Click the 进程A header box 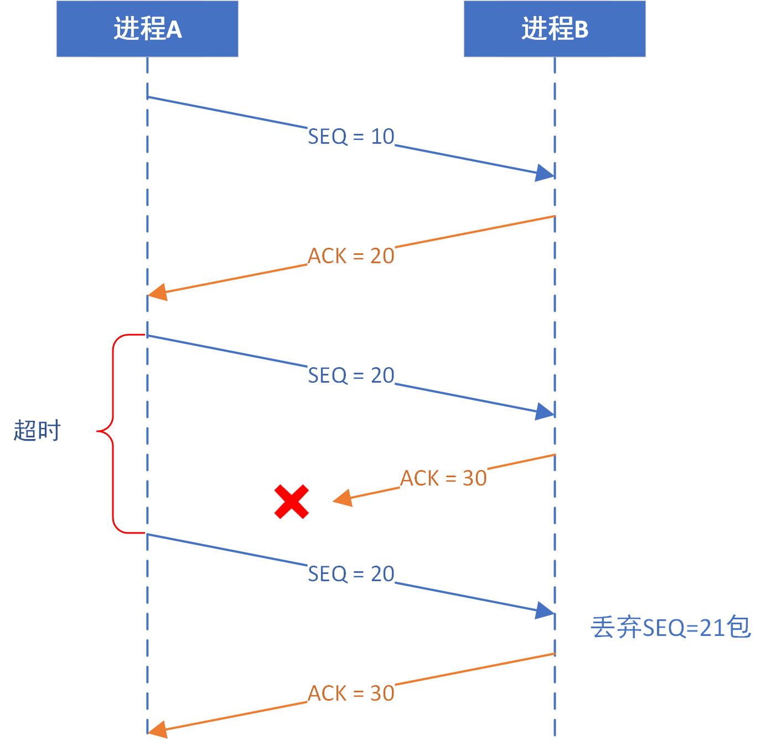(x=147, y=29)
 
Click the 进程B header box (x=555, y=29)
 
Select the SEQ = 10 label (x=351, y=137)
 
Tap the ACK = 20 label (x=351, y=256)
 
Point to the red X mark (x=292, y=502)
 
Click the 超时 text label (x=37, y=430)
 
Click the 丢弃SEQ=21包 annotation (x=671, y=627)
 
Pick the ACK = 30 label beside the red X (x=443, y=478)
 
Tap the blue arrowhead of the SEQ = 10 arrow (x=545, y=173)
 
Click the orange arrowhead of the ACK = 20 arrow (x=157, y=292)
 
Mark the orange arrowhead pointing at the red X (x=343, y=498)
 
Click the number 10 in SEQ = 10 (x=382, y=137)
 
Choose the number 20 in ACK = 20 (x=382, y=256)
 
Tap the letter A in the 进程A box (x=174, y=29)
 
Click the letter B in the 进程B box (x=581, y=29)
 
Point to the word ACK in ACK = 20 (x=327, y=256)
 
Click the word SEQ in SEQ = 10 (x=328, y=137)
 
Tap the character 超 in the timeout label (x=25, y=430)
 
